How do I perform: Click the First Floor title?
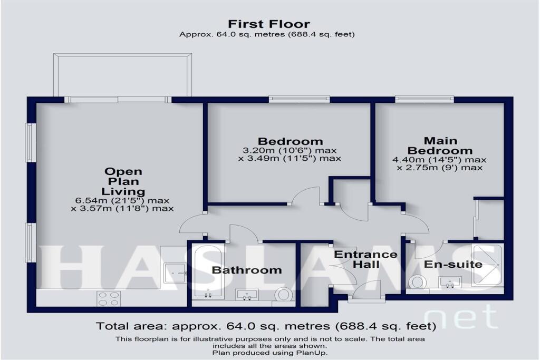coord(269,24)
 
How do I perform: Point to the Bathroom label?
coord(247,270)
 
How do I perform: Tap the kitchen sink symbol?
coord(175,273)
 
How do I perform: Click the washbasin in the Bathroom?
coord(247,295)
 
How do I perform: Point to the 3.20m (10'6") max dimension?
coord(290,150)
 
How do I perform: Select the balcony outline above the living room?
coord(123,74)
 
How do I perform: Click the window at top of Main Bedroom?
coord(425,98)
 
